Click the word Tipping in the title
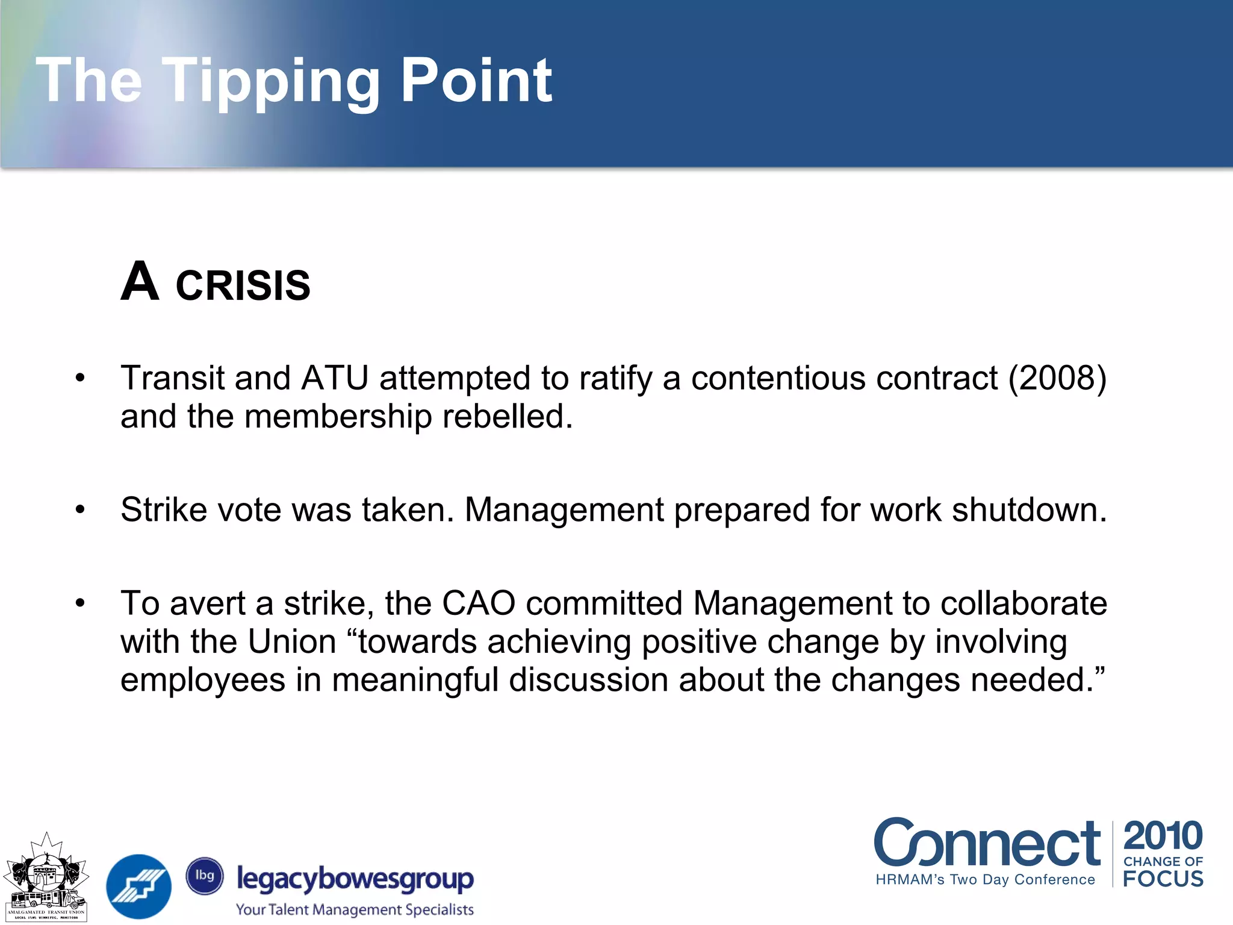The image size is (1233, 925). click(271, 81)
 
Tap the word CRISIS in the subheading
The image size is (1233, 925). click(243, 285)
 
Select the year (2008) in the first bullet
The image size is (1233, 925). click(1057, 378)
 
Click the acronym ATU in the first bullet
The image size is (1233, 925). click(335, 378)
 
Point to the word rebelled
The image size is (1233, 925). click(507, 416)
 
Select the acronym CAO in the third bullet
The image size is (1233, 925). click(479, 603)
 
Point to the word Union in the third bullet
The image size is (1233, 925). click(292, 641)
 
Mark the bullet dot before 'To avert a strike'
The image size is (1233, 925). click(81, 603)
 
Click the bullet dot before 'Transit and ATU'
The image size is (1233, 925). click(81, 378)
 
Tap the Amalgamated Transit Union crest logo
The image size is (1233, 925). click(46, 878)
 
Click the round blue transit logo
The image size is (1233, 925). click(139, 886)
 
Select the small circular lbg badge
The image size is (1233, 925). click(205, 876)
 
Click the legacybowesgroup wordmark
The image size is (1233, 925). click(355, 879)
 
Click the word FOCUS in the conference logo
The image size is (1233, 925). click(1163, 879)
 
